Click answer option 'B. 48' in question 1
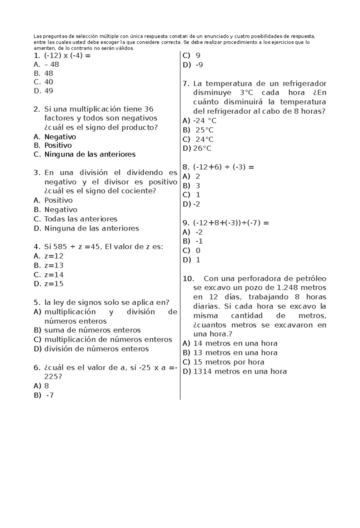point(44,74)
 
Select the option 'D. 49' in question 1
point(44,91)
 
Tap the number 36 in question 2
point(149,109)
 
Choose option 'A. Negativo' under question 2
point(55,137)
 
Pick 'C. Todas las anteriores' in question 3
point(76,219)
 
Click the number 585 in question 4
point(60,247)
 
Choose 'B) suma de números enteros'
point(87,330)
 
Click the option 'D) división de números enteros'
point(91,349)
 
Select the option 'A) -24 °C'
point(199,121)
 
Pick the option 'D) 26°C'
point(197,149)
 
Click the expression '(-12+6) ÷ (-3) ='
point(223,167)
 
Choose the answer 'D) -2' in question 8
point(191,204)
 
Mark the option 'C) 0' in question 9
point(192,251)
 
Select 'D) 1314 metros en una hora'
point(235,372)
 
